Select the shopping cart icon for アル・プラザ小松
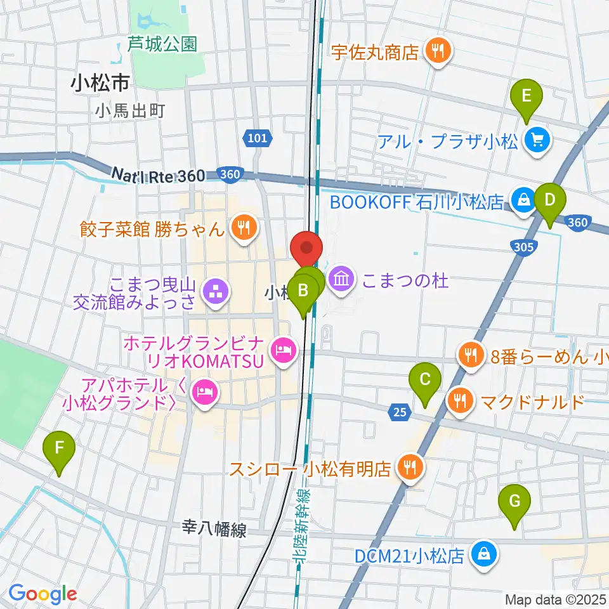point(538,139)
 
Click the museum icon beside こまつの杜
point(341,278)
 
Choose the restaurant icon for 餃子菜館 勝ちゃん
point(242,227)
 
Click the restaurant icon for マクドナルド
point(459,401)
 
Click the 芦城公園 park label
point(162,44)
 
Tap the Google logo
point(43,594)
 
